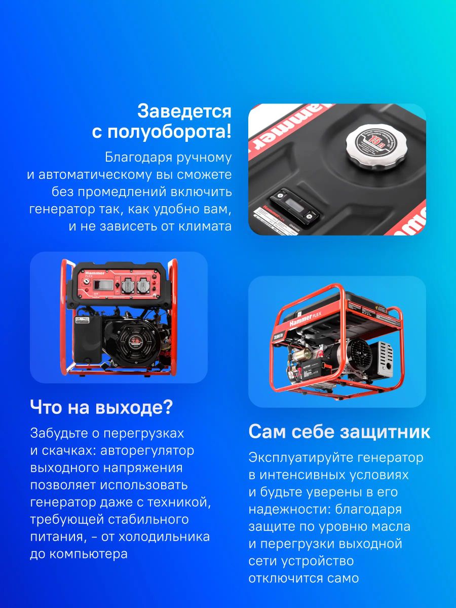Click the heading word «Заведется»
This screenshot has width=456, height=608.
click(184, 111)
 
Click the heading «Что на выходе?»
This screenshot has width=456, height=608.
click(101, 407)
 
